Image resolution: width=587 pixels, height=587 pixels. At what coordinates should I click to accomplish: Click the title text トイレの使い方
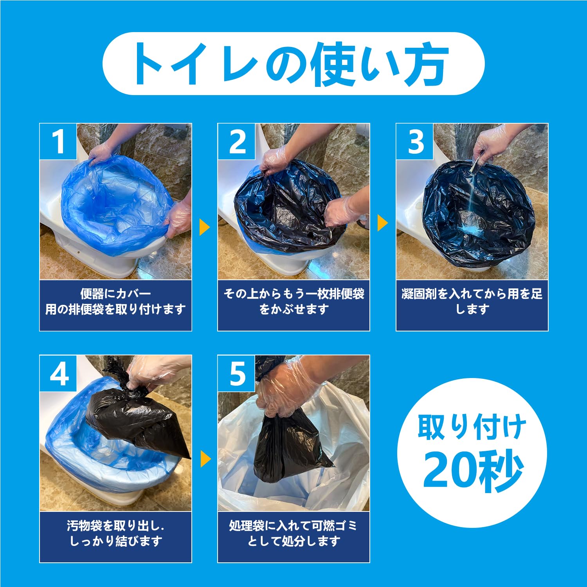293,64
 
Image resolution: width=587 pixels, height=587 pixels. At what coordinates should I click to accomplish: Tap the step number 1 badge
58,142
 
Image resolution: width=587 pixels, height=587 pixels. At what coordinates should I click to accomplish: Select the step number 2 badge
237,142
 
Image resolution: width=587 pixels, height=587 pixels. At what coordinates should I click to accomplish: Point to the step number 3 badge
415,142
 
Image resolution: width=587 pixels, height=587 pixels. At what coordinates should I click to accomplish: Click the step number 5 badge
237,373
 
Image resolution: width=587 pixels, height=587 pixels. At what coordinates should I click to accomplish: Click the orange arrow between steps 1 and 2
204,227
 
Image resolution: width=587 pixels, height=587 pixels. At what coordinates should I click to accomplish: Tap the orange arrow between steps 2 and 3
382,223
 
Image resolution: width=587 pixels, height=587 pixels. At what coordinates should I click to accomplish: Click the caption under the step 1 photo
115,302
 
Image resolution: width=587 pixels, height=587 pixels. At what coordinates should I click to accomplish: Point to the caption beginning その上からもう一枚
293,302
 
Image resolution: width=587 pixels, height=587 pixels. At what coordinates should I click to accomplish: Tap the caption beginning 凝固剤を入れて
472,302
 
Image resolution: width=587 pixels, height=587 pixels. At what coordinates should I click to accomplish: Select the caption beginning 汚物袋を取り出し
115,533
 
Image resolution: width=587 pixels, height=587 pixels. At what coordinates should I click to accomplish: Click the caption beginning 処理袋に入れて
293,533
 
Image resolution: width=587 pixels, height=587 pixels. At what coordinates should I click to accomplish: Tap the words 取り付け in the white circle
472,428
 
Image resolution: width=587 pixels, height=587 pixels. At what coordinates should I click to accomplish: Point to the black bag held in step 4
137,423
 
